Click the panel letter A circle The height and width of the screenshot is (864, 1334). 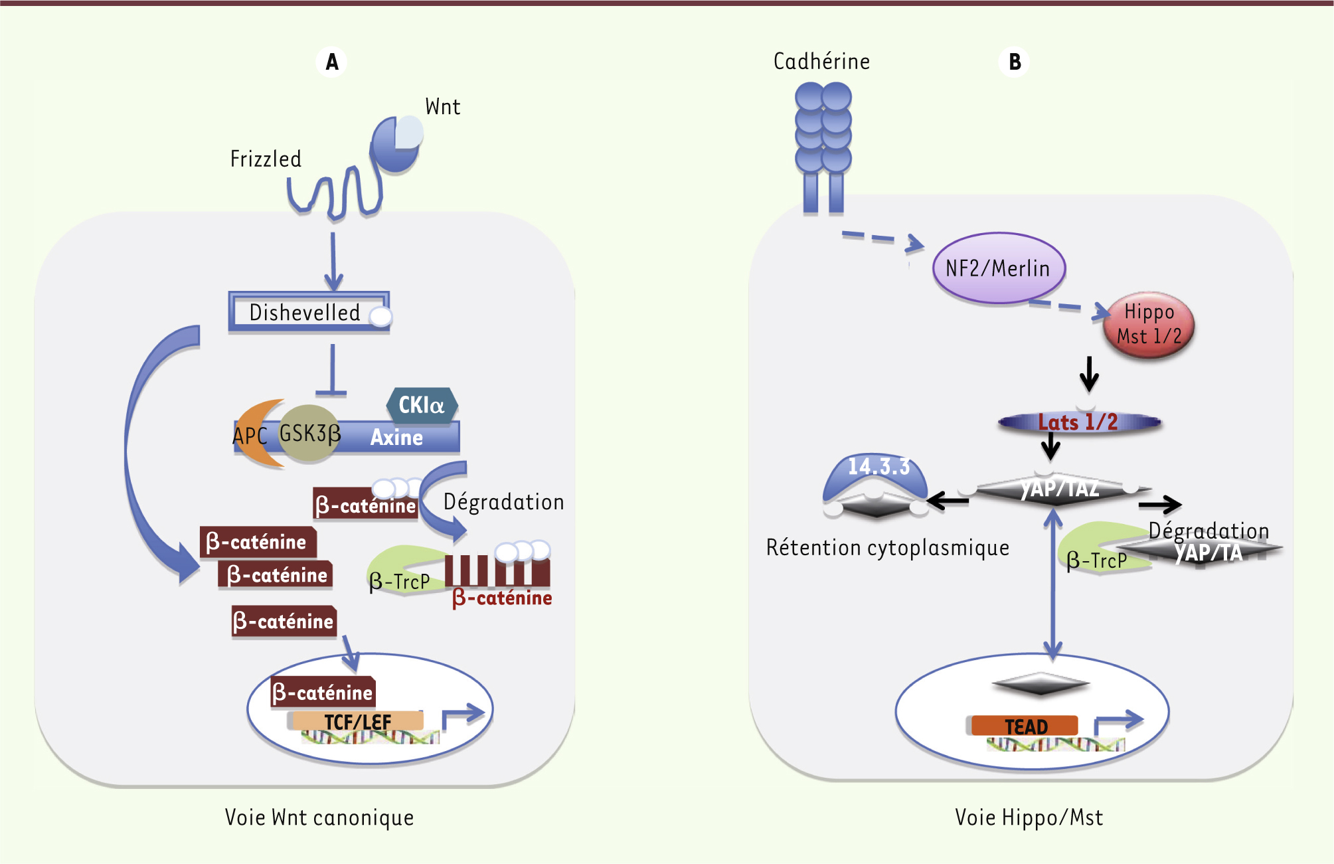click(331, 62)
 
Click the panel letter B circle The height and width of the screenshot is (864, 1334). click(1014, 62)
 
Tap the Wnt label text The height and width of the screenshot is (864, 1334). click(442, 107)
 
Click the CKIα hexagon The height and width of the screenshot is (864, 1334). click(422, 404)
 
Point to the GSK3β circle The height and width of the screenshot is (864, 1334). click(309, 433)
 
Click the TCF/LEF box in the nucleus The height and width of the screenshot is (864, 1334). click(357, 721)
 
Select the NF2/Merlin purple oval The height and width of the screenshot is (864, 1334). click(998, 268)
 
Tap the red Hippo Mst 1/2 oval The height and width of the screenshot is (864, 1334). click(1149, 325)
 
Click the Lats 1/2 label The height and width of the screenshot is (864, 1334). click(1078, 422)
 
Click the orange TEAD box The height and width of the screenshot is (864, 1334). click(1025, 726)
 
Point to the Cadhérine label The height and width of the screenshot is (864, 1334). click(821, 62)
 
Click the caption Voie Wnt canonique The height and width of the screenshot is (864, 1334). click(319, 818)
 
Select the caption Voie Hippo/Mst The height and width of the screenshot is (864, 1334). click(1029, 818)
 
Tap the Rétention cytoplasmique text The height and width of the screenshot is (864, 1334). click(887, 548)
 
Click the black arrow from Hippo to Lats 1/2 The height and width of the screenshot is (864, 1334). click(1089, 375)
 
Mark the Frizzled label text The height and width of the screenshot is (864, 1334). click(266, 159)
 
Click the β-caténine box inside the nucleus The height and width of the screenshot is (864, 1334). click(323, 693)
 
